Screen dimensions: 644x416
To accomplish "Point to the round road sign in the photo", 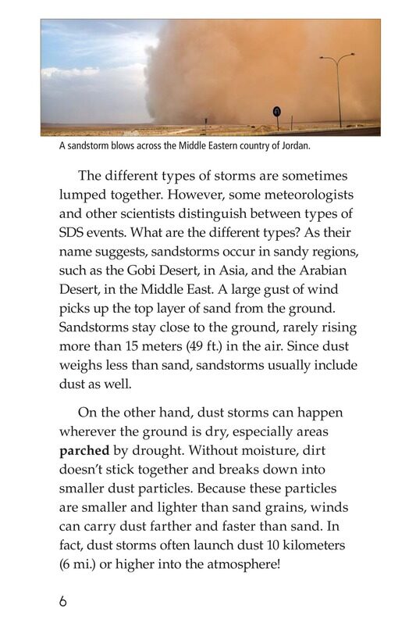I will (x=276, y=112).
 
